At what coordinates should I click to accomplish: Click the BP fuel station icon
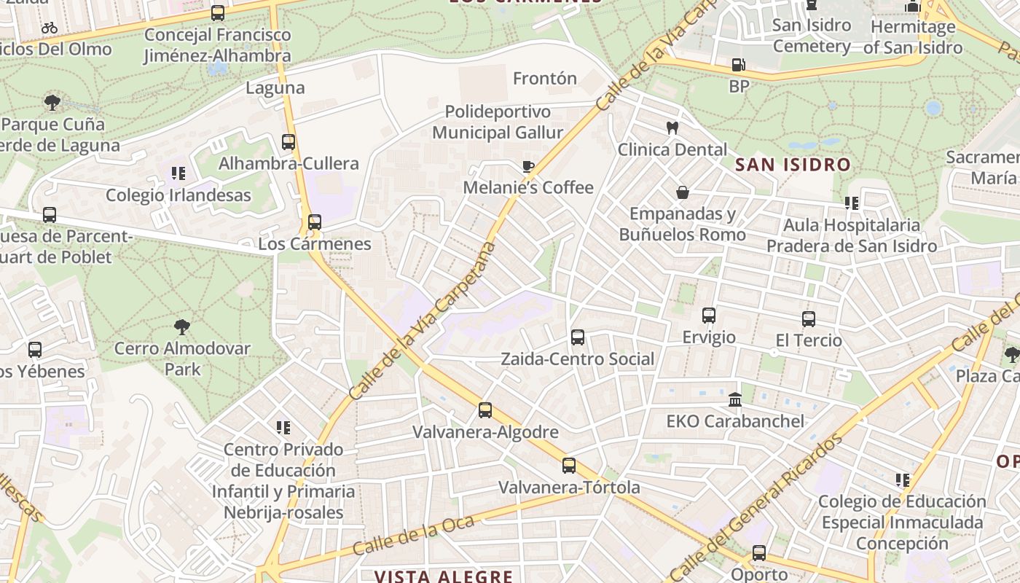738,65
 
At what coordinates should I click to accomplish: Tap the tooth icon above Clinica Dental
672,128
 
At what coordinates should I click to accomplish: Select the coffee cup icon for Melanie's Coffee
528,166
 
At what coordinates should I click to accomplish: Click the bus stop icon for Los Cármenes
315,222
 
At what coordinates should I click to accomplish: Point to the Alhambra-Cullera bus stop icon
289,142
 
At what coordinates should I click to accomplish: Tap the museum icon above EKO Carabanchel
735,400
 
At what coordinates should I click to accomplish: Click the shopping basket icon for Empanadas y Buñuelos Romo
683,192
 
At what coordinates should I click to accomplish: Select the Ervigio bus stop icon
709,316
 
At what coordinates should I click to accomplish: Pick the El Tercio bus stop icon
809,318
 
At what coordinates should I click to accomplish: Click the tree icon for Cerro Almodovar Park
182,327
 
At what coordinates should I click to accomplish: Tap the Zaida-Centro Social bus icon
578,337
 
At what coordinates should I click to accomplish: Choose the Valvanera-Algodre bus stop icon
485,410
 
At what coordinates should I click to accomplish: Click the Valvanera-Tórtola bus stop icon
569,466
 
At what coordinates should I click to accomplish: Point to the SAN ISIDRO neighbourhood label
793,165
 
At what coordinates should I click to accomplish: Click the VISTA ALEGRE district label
444,576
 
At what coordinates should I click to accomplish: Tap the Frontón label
544,78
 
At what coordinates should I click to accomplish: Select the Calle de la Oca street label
413,534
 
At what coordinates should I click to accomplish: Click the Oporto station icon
759,553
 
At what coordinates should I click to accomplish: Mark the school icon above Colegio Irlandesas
178,173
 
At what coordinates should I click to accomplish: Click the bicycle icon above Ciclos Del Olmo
50,28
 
